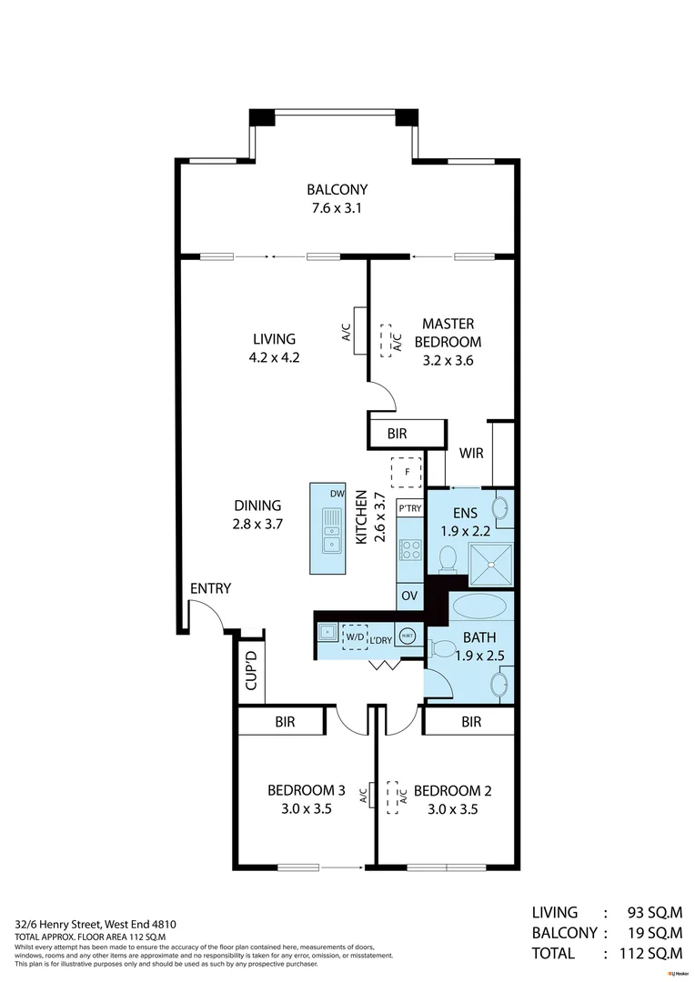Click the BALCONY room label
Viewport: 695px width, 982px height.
[x=337, y=190]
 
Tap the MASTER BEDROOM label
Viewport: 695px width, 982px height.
[x=447, y=333]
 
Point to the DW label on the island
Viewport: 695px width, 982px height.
[x=336, y=494]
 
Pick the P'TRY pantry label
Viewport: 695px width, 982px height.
[x=410, y=509]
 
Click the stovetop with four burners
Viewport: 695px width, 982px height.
[x=410, y=549]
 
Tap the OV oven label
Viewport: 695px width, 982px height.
[x=410, y=596]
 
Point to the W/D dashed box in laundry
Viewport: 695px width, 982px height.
[x=354, y=637]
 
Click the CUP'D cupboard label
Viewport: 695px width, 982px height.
[x=251, y=671]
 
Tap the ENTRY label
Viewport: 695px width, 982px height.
[x=210, y=588]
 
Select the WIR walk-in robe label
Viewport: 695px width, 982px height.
[x=470, y=453]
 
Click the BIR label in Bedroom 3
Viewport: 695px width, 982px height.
[x=285, y=722]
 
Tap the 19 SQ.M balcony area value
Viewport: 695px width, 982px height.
[x=653, y=932]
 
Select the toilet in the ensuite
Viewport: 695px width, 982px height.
[x=448, y=558]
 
